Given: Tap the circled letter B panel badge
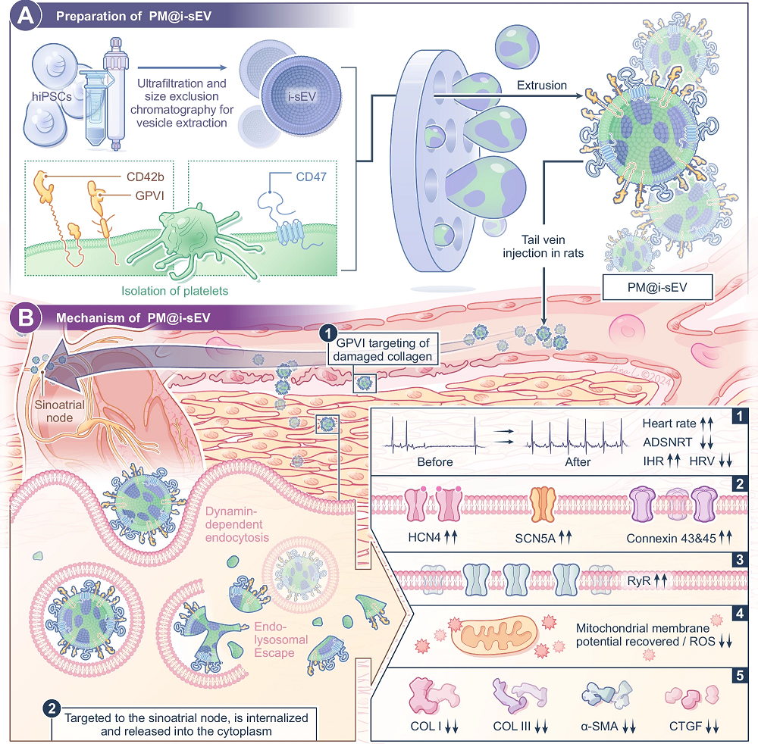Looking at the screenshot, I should pos(25,318).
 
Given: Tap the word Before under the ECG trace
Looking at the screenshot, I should pos(435,461).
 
